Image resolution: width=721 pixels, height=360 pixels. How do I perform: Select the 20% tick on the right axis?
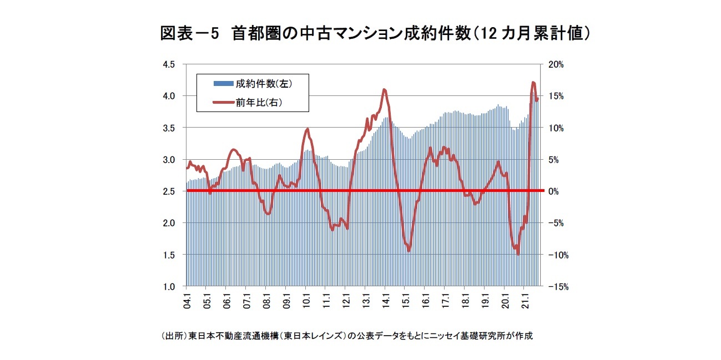(x=555, y=64)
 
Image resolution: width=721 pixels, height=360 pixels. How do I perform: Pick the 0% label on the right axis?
(x=557, y=191)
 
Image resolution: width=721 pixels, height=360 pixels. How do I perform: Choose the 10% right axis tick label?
(x=555, y=128)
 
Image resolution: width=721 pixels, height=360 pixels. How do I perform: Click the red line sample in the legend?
(x=224, y=102)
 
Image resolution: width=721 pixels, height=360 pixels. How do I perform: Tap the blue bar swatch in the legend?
(x=224, y=84)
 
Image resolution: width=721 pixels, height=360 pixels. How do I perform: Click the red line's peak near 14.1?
(x=384, y=89)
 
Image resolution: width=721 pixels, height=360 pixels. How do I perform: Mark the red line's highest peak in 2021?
(x=533, y=83)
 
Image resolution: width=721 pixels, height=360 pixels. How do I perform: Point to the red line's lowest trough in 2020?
(x=518, y=253)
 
